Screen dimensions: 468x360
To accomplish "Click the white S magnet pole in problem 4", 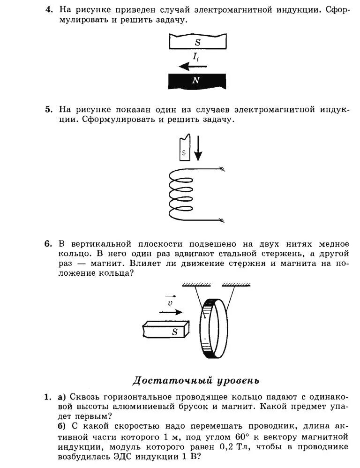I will [197, 42].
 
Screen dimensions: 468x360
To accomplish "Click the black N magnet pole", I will [197, 81].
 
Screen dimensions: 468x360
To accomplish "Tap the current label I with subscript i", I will [196, 57].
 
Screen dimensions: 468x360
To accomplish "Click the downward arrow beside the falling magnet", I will [198, 148].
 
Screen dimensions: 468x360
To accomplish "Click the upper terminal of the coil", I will [222, 170].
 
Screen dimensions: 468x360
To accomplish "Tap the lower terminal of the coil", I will [222, 220].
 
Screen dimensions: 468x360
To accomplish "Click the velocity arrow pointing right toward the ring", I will [171, 312].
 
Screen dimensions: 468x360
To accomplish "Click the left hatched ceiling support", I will [196, 285].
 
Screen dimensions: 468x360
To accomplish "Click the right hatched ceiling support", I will [236, 285].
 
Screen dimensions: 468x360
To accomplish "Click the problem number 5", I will [48, 110].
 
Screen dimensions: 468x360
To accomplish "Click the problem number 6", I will [48, 244].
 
